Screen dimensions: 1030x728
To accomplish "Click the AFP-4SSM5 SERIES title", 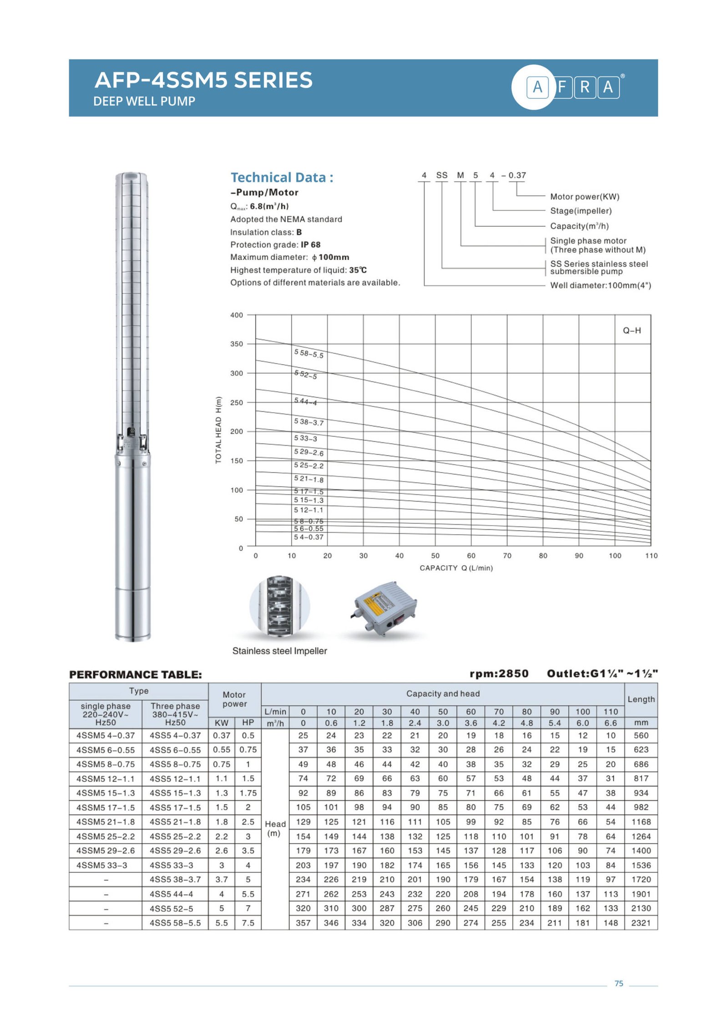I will (x=203, y=80).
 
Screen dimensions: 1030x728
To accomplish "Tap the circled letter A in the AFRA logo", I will (x=537, y=86).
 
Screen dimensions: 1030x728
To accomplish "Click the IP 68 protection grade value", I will (x=310, y=244).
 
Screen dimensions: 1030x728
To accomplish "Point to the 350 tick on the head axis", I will (x=236, y=344).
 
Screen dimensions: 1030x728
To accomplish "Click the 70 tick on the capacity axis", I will (x=507, y=556).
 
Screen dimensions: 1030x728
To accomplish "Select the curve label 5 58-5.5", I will (x=308, y=354).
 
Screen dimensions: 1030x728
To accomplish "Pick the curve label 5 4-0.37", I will (x=308, y=537).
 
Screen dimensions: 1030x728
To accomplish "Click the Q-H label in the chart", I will (x=632, y=330).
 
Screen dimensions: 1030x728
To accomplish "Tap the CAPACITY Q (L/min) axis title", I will (x=456, y=568).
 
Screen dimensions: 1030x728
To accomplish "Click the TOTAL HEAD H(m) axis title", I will (x=218, y=430).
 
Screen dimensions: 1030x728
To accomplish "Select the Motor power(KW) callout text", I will (x=584, y=197).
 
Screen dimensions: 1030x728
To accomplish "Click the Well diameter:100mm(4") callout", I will (x=600, y=285).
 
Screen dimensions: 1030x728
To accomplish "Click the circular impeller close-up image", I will (x=279, y=605).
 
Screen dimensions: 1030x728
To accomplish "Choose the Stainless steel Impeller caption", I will (x=279, y=651).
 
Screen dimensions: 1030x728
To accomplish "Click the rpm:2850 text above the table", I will (x=499, y=674).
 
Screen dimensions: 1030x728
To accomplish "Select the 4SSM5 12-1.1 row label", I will (x=106, y=779).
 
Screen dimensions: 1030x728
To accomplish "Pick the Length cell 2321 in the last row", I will (x=641, y=923).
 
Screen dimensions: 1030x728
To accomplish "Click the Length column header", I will (x=641, y=699).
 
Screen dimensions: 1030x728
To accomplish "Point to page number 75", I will (x=618, y=984).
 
